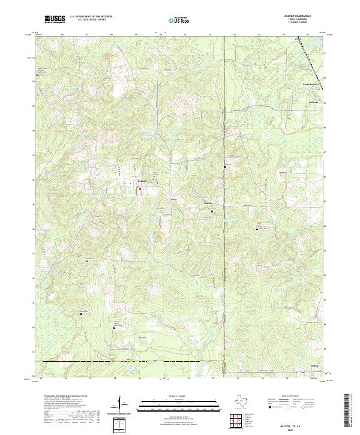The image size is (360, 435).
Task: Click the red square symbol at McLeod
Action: point(140,188)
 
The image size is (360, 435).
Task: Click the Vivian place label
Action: point(314,365)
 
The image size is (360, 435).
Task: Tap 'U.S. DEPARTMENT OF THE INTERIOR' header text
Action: point(89,17)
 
